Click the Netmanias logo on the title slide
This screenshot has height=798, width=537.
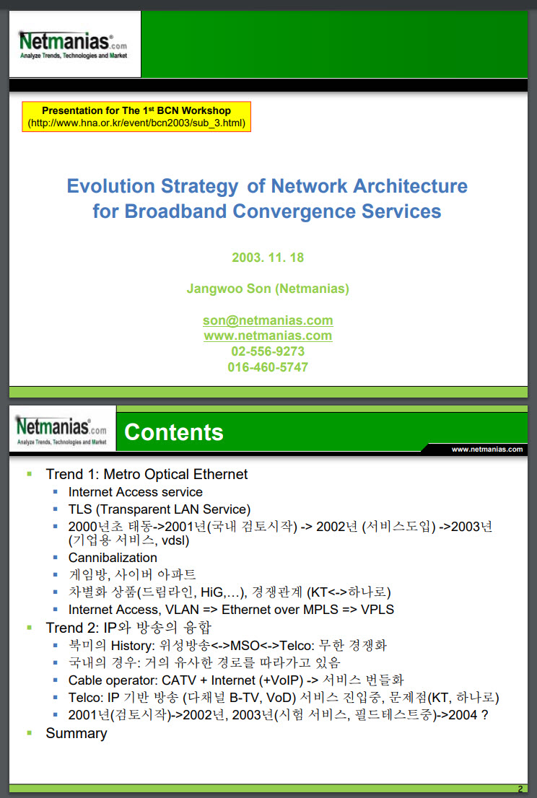[74, 45]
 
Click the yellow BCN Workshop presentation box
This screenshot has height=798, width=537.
[136, 117]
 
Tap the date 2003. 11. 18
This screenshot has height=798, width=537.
[268, 258]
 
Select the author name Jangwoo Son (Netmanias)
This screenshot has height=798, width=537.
[268, 289]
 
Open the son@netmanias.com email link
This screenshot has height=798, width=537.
[268, 320]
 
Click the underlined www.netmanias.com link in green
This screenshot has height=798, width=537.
[268, 336]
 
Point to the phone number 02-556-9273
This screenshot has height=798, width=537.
[268, 351]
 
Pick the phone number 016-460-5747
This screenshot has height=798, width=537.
[268, 367]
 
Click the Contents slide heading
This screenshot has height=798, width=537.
[174, 432]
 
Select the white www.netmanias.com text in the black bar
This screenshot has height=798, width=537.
[487, 450]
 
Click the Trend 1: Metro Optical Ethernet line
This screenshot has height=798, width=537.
[147, 474]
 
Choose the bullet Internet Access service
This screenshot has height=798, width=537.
[136, 492]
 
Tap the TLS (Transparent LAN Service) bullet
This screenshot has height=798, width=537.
[160, 509]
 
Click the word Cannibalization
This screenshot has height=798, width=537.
[113, 558]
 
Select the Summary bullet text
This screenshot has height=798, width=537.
[77, 733]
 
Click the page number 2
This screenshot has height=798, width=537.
[520, 789]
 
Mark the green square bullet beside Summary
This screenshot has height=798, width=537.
[30, 733]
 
